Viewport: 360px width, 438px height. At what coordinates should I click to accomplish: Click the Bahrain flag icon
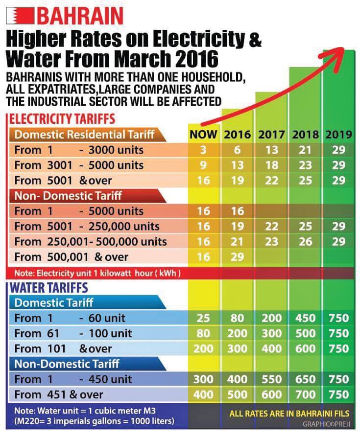tap(20, 16)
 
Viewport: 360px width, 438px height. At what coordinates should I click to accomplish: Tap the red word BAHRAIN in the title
tap(80, 16)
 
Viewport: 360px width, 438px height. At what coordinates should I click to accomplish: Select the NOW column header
tap(203, 135)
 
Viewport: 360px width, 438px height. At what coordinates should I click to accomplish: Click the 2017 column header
tap(271, 135)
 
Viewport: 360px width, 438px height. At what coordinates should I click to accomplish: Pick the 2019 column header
tap(338, 135)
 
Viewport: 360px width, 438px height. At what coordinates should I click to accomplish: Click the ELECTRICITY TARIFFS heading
tap(62, 119)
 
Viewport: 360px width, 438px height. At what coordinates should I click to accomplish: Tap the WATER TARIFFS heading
tap(49, 288)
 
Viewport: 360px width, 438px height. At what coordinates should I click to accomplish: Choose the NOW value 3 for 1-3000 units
tap(203, 150)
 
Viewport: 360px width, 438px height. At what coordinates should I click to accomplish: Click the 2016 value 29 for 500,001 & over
tap(237, 257)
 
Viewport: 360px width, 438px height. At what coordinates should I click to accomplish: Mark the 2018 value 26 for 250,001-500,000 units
tap(305, 242)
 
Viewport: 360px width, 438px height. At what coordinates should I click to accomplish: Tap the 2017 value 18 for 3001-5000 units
tap(271, 165)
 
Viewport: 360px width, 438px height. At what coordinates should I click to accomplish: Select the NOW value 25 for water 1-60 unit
tap(203, 318)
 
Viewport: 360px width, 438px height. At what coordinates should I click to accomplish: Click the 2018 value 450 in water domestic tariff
tap(305, 318)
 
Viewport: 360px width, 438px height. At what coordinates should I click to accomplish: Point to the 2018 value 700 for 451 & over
tap(305, 394)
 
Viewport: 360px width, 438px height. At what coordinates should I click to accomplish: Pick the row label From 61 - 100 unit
tap(73, 334)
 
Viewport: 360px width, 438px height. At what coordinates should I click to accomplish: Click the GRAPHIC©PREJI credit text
tap(326, 424)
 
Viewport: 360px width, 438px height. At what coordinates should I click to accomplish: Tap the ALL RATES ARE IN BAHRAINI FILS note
tap(289, 414)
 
